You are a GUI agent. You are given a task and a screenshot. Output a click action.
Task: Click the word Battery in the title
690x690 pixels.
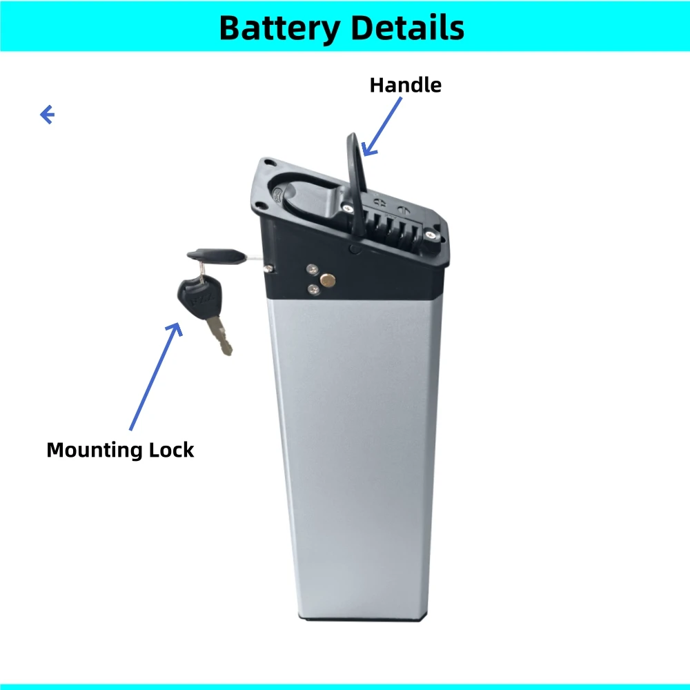pos(279,28)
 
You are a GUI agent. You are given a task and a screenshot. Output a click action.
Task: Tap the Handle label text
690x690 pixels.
pos(405,85)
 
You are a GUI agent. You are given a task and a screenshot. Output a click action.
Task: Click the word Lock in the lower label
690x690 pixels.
pos(172,451)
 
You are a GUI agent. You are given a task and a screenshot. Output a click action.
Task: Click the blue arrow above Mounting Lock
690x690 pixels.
pos(155,376)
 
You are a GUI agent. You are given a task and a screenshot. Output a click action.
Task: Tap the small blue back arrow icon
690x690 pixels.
pos(47,115)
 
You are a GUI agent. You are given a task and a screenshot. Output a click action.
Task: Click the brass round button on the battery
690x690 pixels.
pos(328,279)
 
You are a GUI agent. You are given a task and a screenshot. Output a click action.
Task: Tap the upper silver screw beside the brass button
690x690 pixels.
pos(313,269)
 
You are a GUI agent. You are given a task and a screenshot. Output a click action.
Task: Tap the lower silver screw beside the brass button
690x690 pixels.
pos(313,289)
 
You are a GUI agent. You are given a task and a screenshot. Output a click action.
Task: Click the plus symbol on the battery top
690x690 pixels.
pos(378,201)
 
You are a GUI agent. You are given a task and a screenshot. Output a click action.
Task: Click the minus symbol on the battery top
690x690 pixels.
pos(402,206)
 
